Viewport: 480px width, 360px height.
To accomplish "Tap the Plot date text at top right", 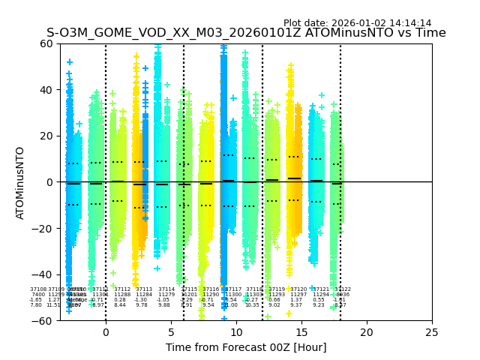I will [x=357, y=23].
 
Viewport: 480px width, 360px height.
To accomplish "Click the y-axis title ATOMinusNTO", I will [x=20, y=182].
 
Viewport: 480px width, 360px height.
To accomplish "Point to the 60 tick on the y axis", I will [x=46, y=43].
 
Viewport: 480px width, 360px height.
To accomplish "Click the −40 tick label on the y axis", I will [x=43, y=274].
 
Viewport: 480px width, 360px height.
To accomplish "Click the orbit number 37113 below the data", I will [x=143, y=289].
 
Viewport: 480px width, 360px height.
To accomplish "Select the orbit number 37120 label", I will [x=298, y=289].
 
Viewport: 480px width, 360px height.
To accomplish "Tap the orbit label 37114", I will [x=166, y=289].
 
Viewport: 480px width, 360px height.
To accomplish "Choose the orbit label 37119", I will [x=276, y=289].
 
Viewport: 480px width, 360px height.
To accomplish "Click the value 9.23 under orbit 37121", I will [x=319, y=305].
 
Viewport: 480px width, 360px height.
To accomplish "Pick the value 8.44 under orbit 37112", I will [x=120, y=305].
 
